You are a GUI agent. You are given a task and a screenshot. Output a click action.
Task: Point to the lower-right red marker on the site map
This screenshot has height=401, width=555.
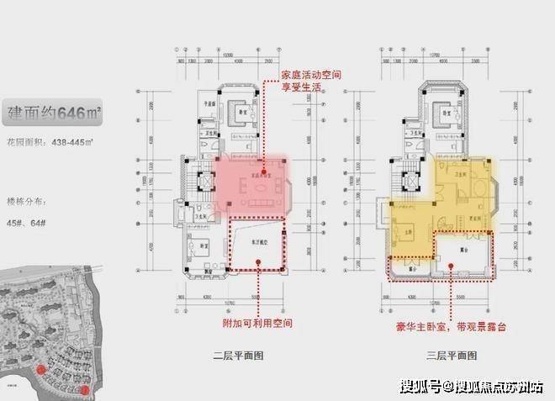(x=86, y=389)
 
